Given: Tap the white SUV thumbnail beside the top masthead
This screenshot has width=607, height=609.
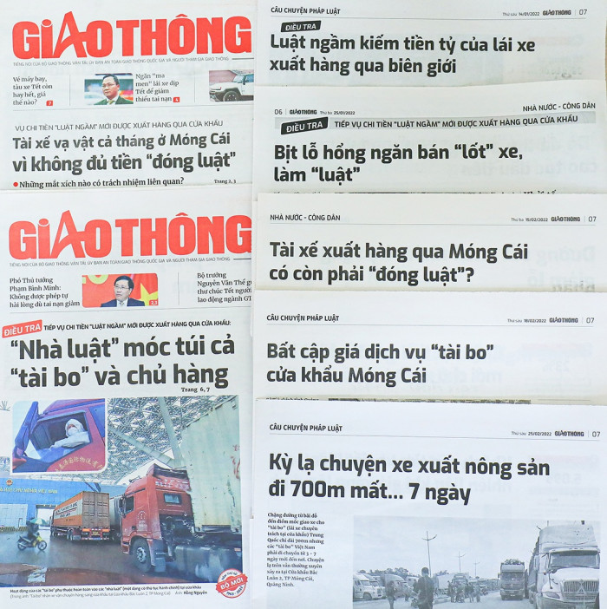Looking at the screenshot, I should click(x=231, y=86).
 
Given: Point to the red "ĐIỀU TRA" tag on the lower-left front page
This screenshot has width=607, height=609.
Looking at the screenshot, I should click(x=22, y=331).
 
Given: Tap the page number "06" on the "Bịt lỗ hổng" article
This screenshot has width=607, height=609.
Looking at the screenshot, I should click(x=278, y=112).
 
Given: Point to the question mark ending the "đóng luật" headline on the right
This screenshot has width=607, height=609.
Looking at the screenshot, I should click(x=469, y=276).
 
